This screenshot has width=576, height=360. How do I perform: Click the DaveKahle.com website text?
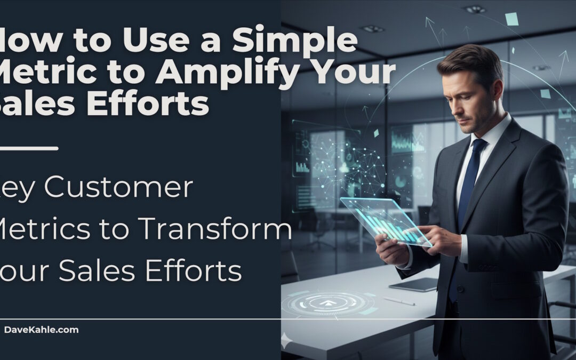coord(41,330)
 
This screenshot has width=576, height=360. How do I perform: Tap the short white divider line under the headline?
coord(29,148)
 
